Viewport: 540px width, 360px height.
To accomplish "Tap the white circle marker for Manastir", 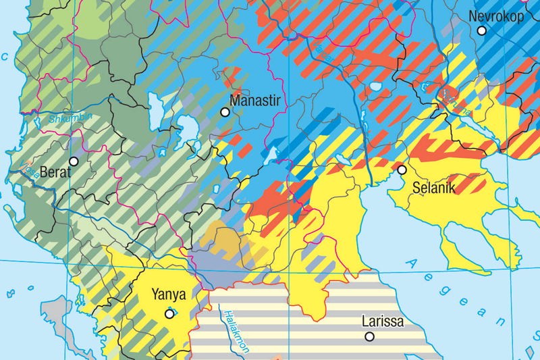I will coord(225,112).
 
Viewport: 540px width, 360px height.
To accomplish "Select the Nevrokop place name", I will coord(495,16).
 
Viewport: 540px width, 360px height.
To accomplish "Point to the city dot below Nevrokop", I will coord(482,30).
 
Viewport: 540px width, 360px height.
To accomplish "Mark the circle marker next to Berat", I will coord(74,161).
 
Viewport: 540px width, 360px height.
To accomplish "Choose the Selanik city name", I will coord(434,188).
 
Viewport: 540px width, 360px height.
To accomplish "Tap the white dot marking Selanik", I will coord(402,170).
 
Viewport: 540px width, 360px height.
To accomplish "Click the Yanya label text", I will coord(168,294).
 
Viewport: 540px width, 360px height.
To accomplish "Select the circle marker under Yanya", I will coord(169,313).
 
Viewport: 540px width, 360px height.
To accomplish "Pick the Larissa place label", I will coord(383,322).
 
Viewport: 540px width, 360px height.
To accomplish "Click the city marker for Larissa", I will coord(369,336).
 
